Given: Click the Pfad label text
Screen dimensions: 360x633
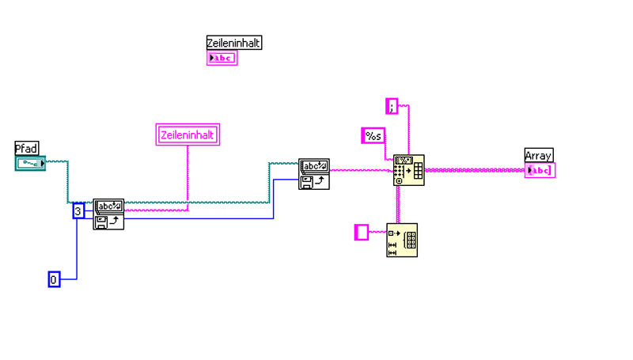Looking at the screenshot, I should point(26,148).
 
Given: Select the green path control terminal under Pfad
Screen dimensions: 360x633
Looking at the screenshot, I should point(30,164).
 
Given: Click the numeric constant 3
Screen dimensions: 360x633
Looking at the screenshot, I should point(78,211).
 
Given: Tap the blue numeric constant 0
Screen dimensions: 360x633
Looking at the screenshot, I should point(54,279).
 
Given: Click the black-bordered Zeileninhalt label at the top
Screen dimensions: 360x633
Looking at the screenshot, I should point(233,43).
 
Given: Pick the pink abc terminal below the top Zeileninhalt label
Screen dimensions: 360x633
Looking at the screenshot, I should point(222,58).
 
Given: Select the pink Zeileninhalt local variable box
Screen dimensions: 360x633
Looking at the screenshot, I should point(188,135).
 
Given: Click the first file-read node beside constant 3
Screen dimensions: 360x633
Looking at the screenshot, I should point(108,214).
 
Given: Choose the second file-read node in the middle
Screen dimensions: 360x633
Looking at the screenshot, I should point(314,174).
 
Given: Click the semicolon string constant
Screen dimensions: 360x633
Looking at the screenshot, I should point(392,105).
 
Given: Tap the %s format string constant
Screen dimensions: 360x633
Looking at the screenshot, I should point(373,136).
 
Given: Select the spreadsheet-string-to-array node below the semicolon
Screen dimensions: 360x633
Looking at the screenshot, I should point(409,170).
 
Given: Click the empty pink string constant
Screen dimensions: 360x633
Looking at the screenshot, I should point(361,232).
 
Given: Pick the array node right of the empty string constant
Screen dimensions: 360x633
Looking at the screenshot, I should point(402,240).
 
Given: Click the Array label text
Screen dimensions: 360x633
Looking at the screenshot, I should point(539,155).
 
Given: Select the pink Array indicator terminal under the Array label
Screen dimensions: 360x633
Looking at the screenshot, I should point(540,170).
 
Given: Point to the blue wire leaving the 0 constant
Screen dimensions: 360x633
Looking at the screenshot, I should point(77,253).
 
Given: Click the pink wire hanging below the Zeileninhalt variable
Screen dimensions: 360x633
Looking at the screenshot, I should point(188,174).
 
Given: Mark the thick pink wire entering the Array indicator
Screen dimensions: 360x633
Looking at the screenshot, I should point(475,170).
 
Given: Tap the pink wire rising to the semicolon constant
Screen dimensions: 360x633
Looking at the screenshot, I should point(409,131).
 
